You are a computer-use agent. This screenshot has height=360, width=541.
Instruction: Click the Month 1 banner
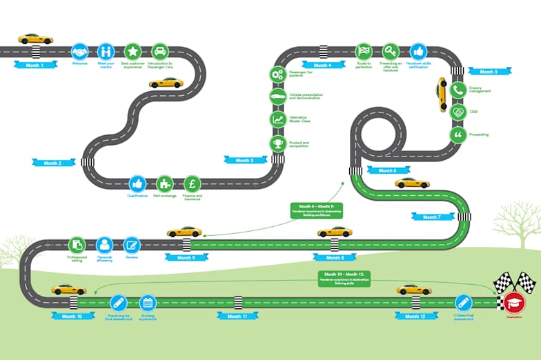coord(35,65)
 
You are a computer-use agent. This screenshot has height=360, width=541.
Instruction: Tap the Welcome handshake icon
coord(80,51)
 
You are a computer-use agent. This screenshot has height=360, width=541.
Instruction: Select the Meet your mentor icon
coord(106,51)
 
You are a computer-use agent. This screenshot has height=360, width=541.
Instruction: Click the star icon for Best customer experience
coord(132,51)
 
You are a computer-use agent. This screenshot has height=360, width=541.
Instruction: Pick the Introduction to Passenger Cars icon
coord(159,51)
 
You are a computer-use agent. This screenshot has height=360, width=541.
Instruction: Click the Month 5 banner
coord(489,71)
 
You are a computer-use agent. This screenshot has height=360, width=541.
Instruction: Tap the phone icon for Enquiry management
coord(457,90)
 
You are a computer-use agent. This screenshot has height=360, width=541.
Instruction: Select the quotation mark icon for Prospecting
coord(457,134)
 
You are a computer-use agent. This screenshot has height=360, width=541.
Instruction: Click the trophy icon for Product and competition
coord(277,143)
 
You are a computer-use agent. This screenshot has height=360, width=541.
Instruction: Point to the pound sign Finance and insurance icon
coord(193,183)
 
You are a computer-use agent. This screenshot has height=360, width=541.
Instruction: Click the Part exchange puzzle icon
coord(165,183)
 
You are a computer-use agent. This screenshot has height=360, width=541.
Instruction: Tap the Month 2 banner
coord(52,163)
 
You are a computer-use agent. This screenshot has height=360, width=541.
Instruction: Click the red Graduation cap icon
coord(513,303)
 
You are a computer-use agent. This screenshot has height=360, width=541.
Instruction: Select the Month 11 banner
coord(237,316)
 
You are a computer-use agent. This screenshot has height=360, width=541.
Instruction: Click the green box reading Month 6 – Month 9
coord(317,210)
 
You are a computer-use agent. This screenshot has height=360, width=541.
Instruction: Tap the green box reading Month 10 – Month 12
coord(345,277)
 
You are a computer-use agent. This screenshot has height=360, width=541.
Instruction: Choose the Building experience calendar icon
coord(146,302)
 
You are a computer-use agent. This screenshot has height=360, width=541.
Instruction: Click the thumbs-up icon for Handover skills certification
coord(418,51)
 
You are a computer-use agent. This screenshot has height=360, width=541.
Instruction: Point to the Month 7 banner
coord(432,217)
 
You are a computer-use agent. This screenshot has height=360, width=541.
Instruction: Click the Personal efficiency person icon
coord(104,244)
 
